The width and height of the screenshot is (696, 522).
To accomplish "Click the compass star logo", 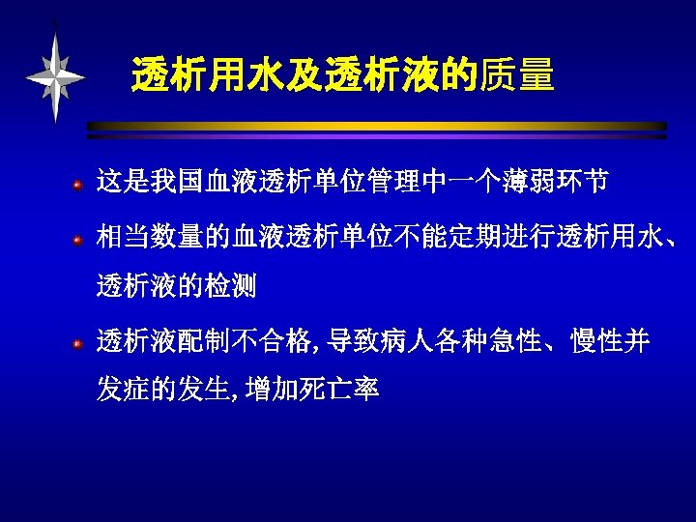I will point(56,76).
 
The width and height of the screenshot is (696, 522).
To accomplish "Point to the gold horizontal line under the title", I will point(377,126).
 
